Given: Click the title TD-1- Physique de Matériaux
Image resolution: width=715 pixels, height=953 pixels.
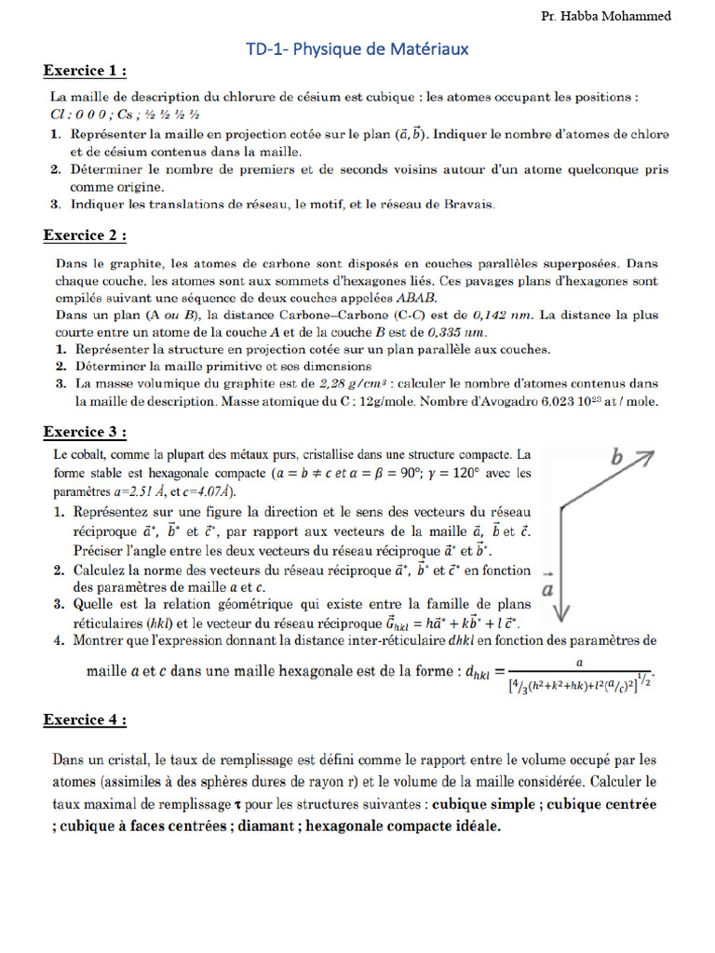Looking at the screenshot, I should tap(357, 48).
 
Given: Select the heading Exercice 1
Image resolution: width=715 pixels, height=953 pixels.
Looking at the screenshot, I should tap(85, 72).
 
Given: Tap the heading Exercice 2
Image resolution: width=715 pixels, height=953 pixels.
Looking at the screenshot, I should tap(85, 235).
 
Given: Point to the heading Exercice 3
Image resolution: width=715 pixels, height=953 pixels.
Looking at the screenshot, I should tap(85, 432).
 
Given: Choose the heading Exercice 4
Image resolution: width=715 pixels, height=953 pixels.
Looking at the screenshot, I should tap(85, 720).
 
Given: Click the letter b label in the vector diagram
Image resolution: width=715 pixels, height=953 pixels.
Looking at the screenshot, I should tap(615, 457).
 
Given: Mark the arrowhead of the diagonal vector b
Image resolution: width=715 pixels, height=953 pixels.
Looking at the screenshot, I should tap(648, 455).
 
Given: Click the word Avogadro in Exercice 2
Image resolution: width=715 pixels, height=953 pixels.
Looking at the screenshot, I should tap(516, 400).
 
